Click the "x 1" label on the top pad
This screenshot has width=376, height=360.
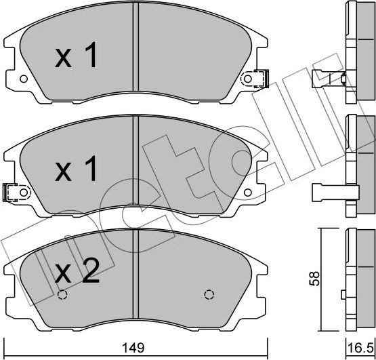coord(76,58)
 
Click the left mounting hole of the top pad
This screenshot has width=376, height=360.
coord(24,79)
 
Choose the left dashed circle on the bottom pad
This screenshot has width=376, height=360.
coord(63,295)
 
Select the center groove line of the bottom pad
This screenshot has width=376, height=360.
coord(138,271)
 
